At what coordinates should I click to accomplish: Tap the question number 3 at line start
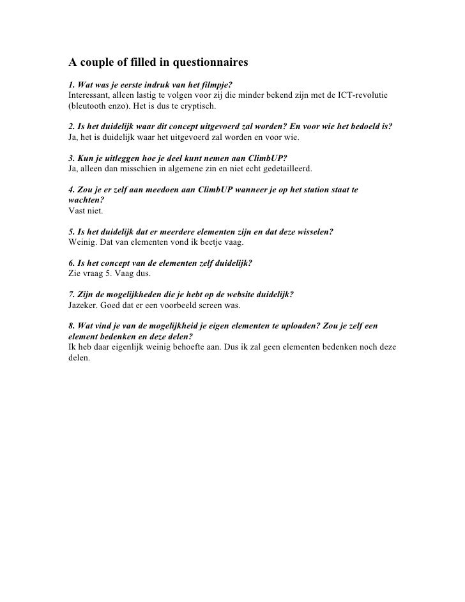[70, 158]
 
